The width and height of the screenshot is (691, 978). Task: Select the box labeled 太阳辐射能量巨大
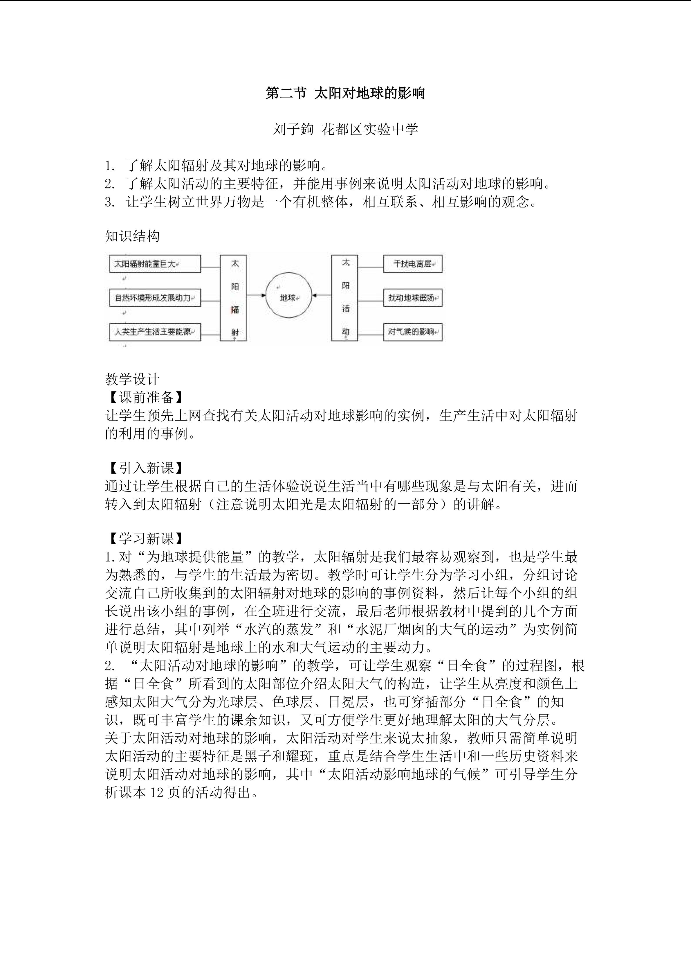point(154,264)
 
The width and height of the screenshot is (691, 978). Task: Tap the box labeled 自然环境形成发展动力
point(154,297)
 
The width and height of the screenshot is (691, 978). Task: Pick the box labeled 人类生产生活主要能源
point(154,331)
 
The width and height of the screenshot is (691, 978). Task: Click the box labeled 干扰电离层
point(412,264)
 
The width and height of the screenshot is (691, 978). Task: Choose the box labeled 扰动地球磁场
point(412,297)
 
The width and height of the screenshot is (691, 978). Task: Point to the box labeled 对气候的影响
point(412,331)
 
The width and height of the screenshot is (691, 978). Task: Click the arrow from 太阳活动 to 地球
point(321,295)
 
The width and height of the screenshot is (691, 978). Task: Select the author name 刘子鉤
point(293,129)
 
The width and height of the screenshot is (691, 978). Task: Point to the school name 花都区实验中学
point(370,129)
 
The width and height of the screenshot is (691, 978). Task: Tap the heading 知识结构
point(132,236)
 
